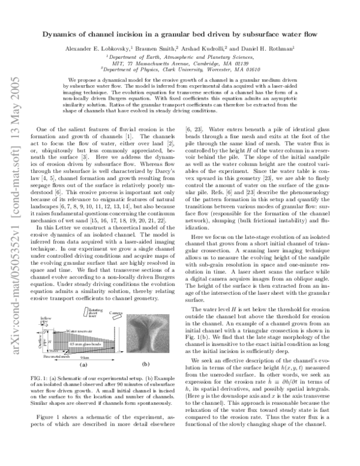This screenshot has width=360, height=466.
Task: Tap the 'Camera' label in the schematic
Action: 116,313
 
